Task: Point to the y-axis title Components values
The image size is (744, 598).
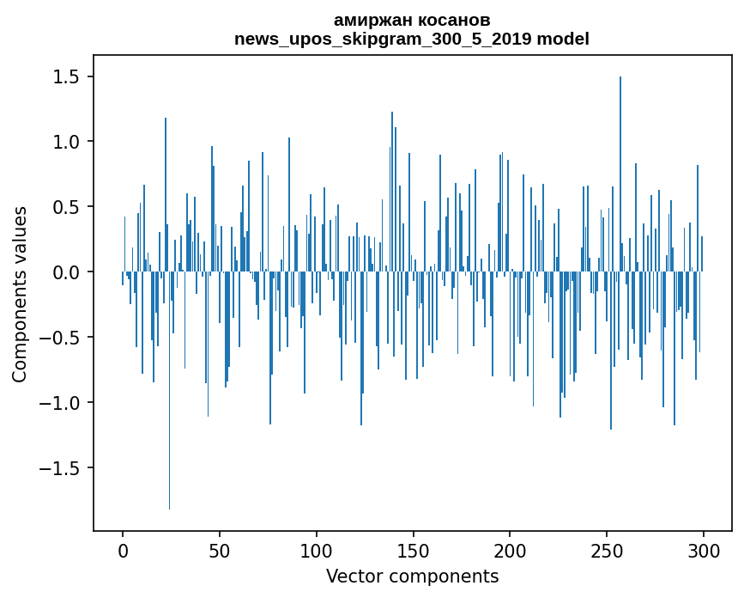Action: [20, 294]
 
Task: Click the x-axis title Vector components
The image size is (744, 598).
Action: [412, 576]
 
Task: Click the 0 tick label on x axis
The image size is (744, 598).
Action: [123, 550]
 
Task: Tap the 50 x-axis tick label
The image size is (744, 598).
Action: [220, 550]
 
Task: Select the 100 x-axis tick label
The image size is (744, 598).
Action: [317, 550]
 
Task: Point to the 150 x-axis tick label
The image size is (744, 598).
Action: [413, 550]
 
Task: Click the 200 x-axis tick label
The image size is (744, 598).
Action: [510, 550]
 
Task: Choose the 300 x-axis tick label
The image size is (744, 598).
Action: [703, 550]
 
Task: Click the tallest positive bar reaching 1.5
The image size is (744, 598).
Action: [620, 172]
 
